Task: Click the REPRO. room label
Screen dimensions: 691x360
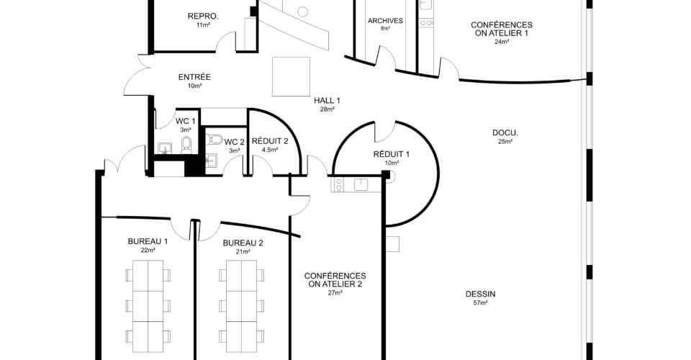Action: click(203, 17)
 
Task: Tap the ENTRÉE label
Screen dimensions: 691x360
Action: click(194, 77)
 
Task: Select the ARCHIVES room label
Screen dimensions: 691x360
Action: click(385, 21)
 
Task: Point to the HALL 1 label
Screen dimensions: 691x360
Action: click(327, 101)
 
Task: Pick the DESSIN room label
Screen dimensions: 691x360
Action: click(480, 294)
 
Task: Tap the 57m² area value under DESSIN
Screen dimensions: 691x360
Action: click(480, 303)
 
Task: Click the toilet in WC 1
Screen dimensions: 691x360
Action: click(187, 145)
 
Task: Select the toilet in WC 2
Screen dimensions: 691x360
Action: click(214, 140)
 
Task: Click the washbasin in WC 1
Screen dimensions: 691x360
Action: click(165, 148)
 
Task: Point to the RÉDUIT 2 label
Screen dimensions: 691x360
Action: click(270, 141)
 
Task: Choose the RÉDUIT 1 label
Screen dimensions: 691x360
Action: click(392, 154)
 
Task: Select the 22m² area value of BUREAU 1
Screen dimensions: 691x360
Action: click(148, 251)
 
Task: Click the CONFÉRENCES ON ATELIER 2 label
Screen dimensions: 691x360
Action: click(335, 280)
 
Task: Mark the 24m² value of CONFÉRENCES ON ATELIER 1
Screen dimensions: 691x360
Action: click(502, 42)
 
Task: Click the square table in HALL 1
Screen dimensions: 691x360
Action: click(291, 76)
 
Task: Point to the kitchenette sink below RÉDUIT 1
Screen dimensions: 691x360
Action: click(361, 184)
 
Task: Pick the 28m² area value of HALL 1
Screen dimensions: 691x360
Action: click(327, 109)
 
